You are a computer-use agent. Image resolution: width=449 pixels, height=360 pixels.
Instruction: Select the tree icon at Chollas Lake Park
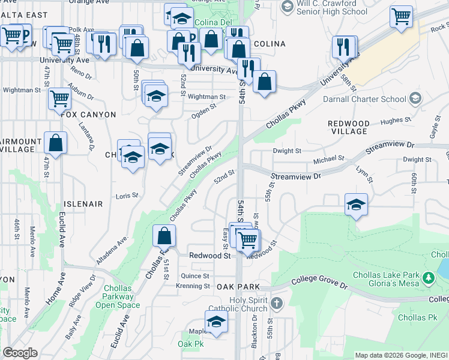pyautogui.click(x=429, y=278)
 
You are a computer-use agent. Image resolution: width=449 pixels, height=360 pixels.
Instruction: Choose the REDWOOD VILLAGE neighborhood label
pyautogui.click(x=348, y=127)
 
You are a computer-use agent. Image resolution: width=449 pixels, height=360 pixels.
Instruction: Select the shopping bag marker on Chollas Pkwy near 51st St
pyautogui.click(x=163, y=236)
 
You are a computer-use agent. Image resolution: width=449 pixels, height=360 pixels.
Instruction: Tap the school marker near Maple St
pyautogui.click(x=216, y=322)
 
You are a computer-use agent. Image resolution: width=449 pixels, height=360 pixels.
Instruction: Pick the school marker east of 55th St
pyautogui.click(x=356, y=205)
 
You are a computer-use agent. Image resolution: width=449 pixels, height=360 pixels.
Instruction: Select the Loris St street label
pyautogui.click(x=127, y=196)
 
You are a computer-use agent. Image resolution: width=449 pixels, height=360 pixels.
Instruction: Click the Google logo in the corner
pyautogui.click(x=20, y=352)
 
